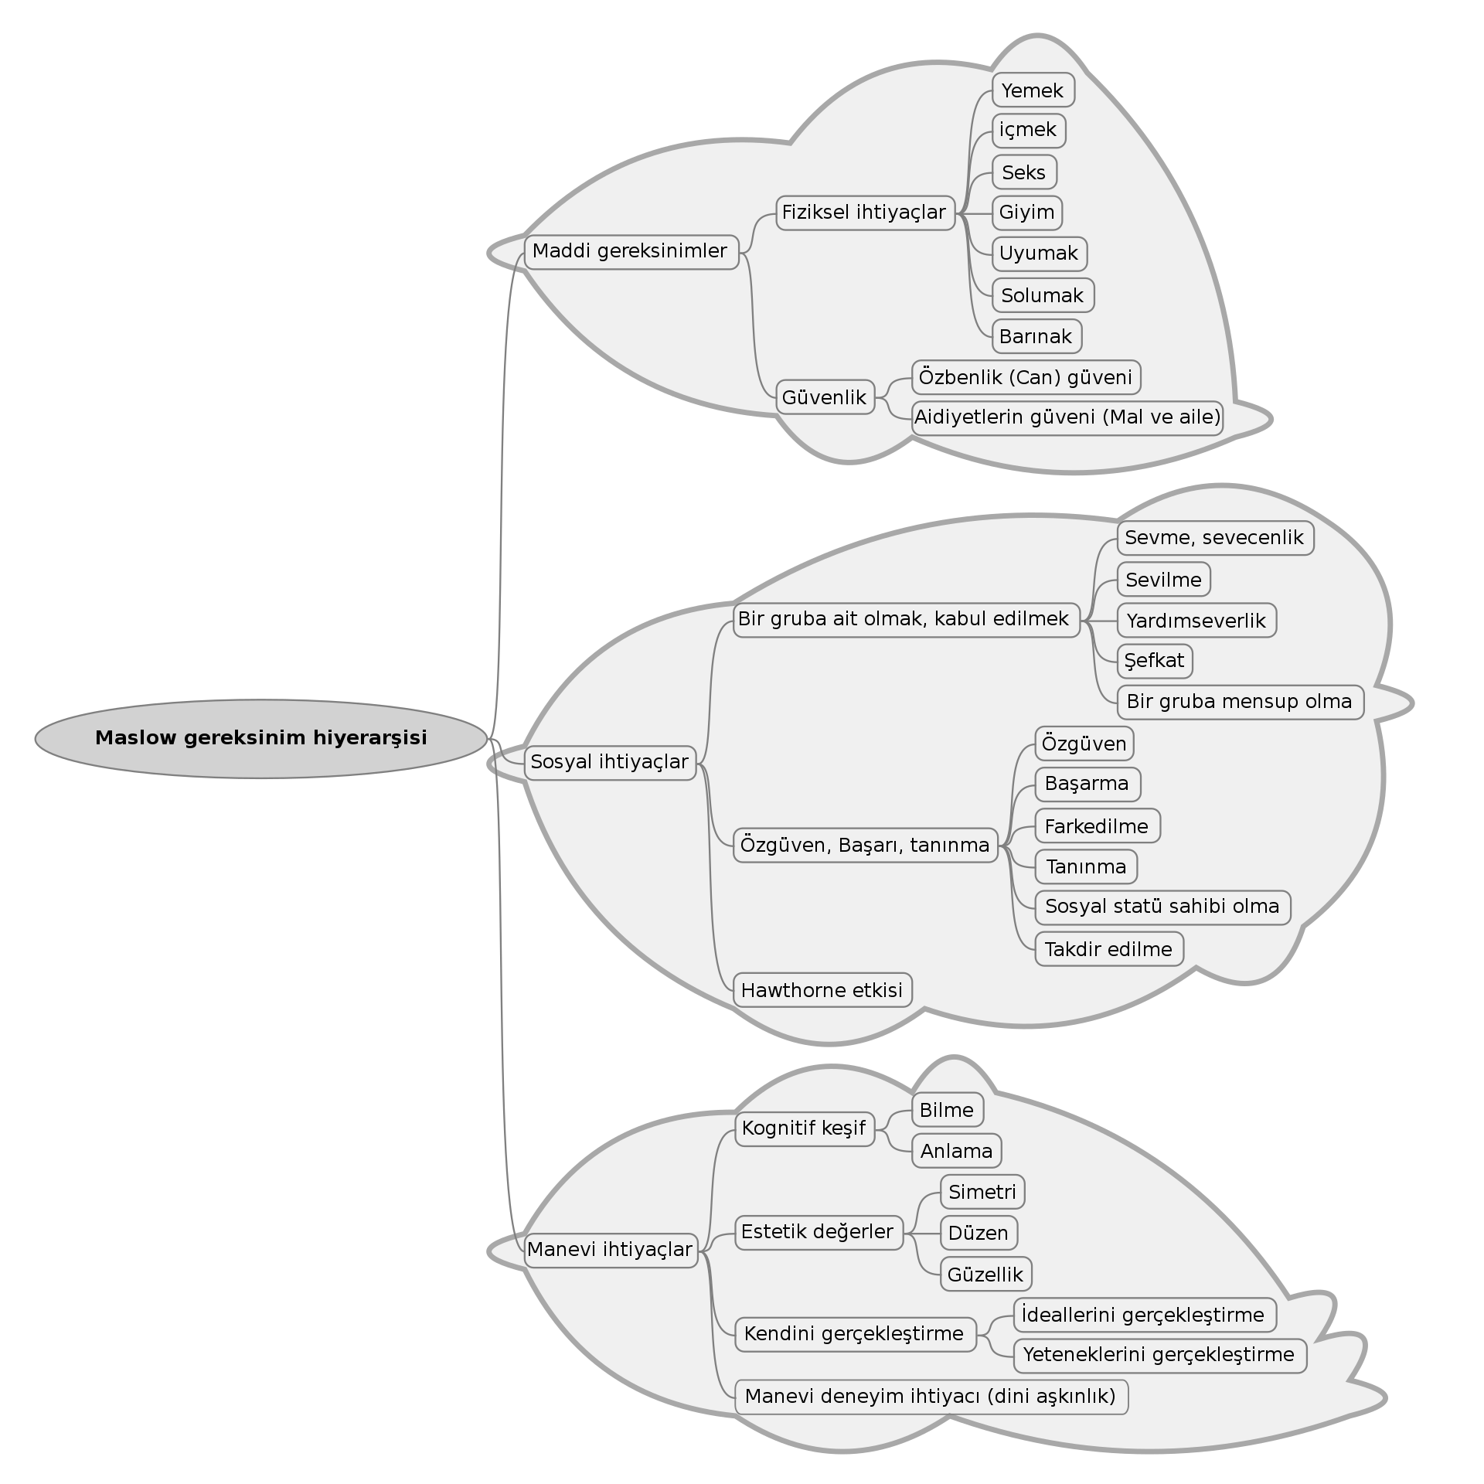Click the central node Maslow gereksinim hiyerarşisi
(x=261, y=738)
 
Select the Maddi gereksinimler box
(x=631, y=252)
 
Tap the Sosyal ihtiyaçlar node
(x=610, y=763)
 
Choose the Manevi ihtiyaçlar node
(x=610, y=1250)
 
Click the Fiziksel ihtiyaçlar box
(x=865, y=213)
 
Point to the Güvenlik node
(x=825, y=397)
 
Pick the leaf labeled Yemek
(x=1033, y=90)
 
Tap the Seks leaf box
(x=1024, y=172)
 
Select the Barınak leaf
(x=1036, y=336)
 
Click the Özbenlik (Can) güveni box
(x=1026, y=377)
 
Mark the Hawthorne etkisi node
(x=822, y=990)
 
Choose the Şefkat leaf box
(x=1155, y=661)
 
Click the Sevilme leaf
(x=1163, y=580)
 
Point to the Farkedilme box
(x=1097, y=826)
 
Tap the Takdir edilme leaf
(x=1108, y=949)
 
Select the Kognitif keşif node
(x=804, y=1128)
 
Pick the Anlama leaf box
(x=956, y=1151)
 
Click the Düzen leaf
(x=979, y=1233)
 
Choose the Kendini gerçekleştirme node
(x=854, y=1334)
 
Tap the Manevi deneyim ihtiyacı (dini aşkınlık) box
(x=931, y=1397)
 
